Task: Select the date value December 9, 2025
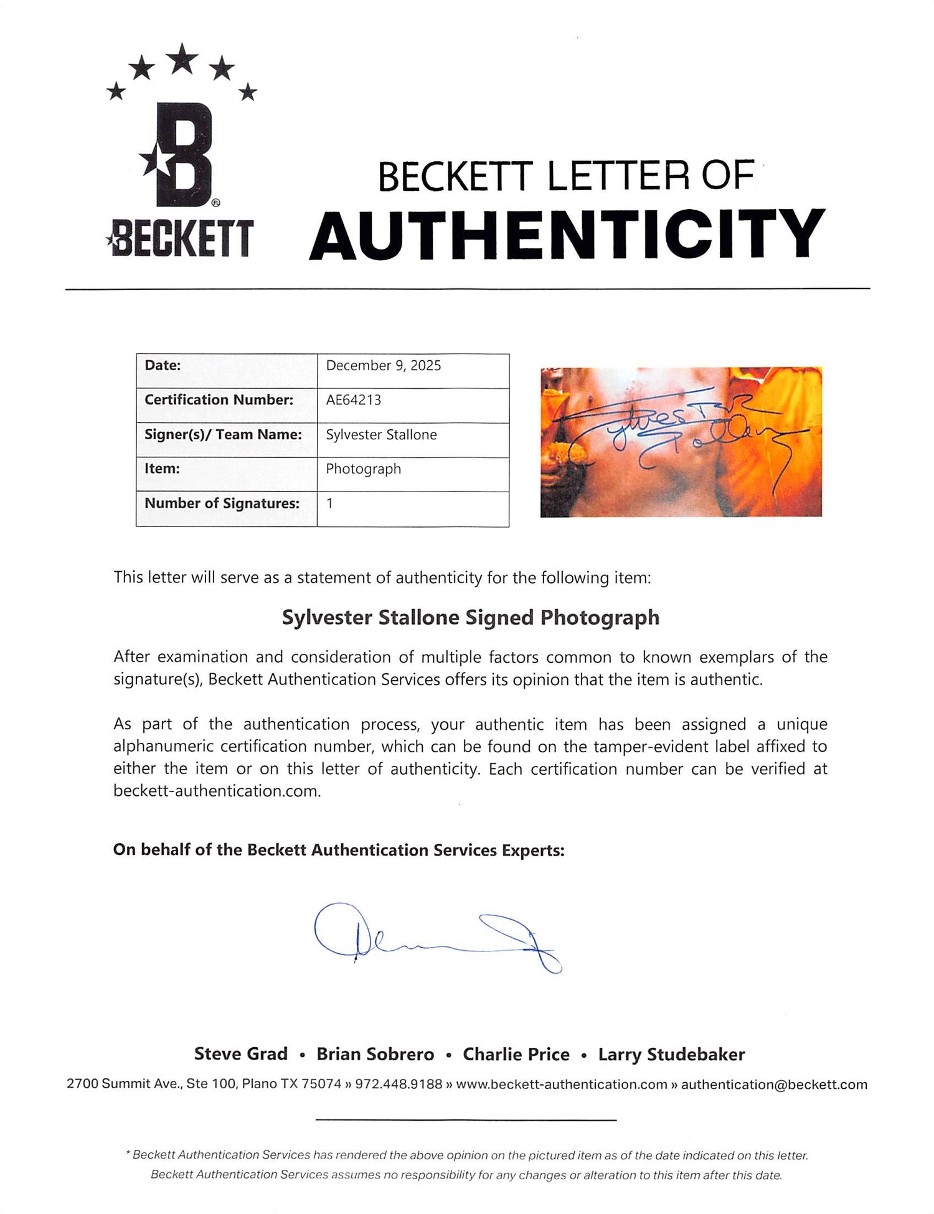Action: (383, 366)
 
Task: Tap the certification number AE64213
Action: (353, 400)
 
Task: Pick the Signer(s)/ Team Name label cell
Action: (223, 434)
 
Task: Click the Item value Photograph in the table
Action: (363, 469)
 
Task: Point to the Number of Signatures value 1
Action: (329, 503)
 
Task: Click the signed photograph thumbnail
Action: (681, 442)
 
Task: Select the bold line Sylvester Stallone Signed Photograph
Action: (470, 617)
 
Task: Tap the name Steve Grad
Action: (240, 1054)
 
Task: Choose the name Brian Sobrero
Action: (375, 1054)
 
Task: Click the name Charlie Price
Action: (516, 1054)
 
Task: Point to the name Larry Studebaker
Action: (671, 1054)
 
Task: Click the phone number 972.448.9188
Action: (398, 1085)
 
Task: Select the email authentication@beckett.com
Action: (773, 1085)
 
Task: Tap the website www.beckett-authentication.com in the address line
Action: (561, 1085)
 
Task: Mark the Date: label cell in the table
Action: (163, 366)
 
